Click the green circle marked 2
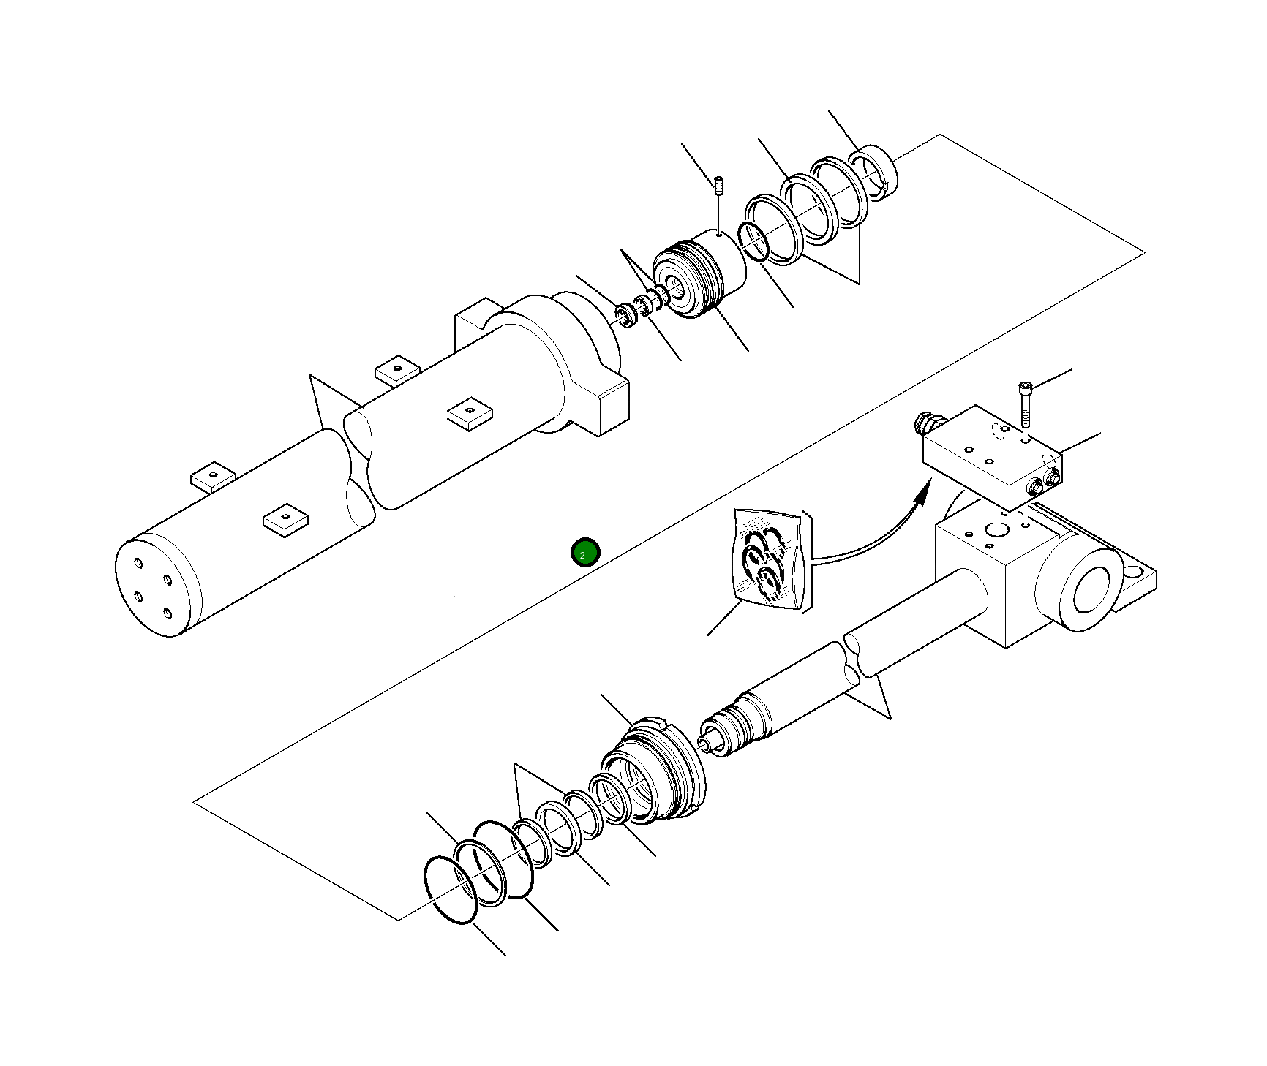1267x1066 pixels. tap(585, 553)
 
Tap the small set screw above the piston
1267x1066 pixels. tap(718, 186)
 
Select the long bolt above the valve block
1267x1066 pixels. tap(1024, 404)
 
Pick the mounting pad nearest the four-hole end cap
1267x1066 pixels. tap(285, 518)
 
